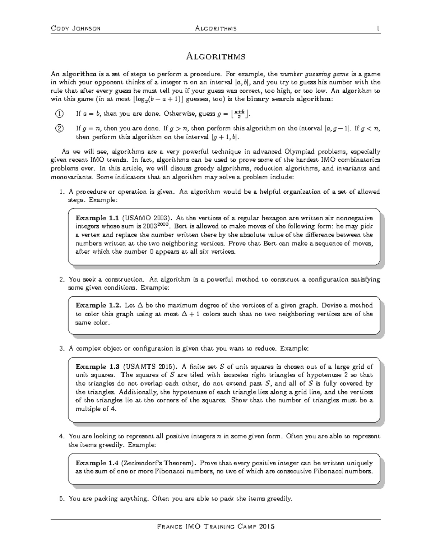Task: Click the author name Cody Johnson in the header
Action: point(76,28)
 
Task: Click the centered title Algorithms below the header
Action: point(215,56)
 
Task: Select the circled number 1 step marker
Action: point(59,114)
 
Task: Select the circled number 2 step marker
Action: point(59,128)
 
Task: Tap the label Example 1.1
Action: point(97,218)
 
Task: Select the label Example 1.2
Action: point(98,305)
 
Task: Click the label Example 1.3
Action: point(97,367)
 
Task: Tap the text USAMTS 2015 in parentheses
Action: point(150,367)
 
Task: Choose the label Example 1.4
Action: point(97,463)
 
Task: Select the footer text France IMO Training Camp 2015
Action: point(215,527)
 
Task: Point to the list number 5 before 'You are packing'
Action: point(61,499)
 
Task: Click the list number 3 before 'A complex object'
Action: point(61,349)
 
